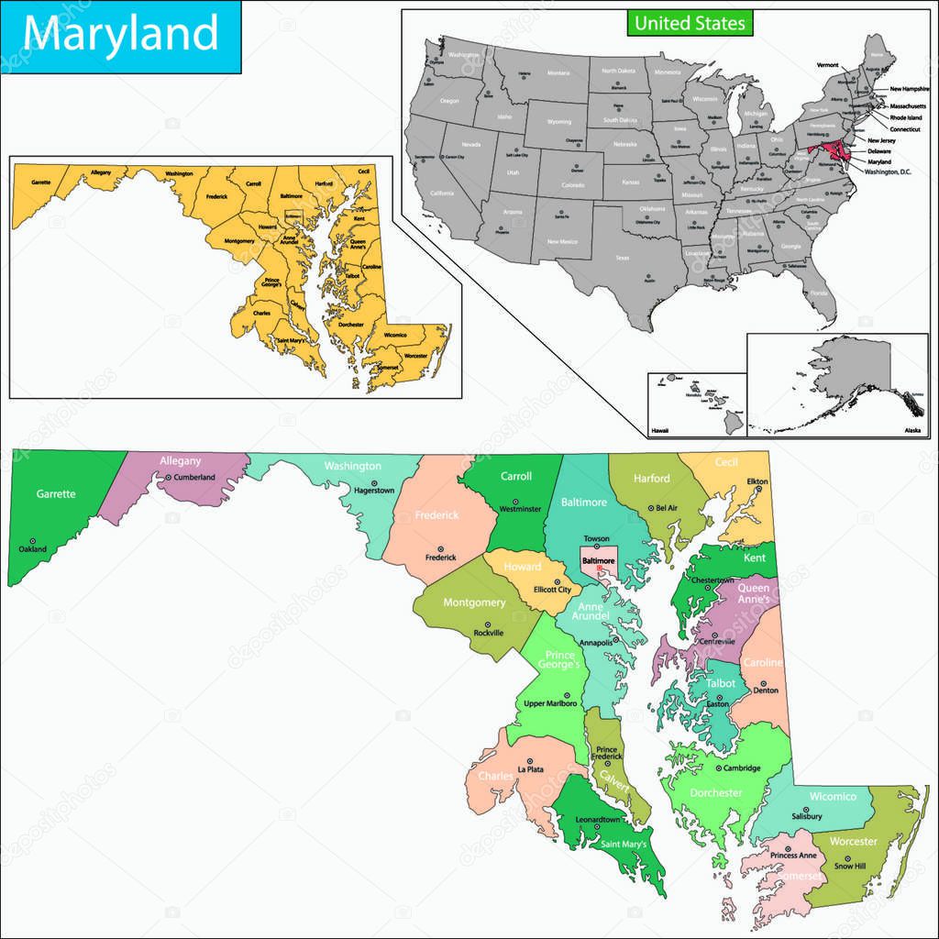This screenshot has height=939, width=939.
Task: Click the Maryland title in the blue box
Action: (120, 35)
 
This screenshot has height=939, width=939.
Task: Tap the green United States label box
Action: (690, 22)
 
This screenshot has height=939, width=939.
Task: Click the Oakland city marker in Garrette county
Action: (33, 541)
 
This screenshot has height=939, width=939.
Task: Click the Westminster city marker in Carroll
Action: (514, 501)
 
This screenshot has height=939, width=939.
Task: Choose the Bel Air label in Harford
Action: (667, 508)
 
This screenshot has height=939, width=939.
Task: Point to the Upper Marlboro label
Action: (549, 703)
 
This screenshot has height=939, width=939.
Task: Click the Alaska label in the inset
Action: (911, 429)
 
